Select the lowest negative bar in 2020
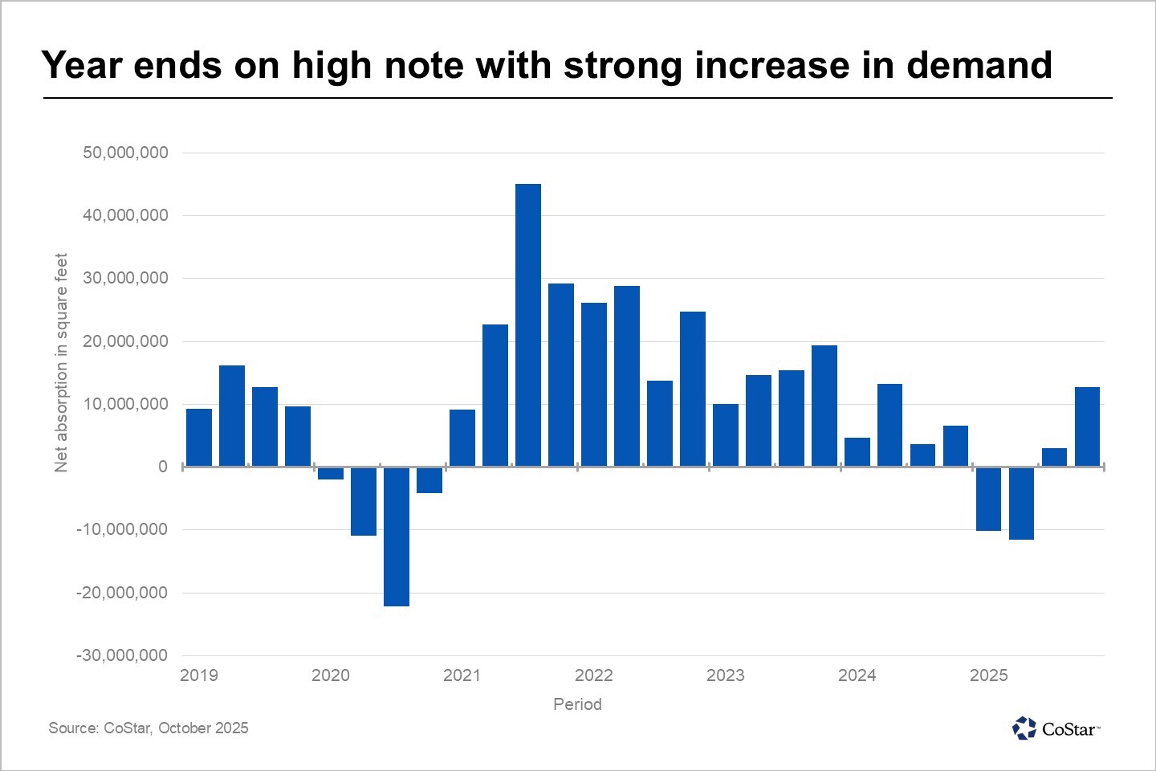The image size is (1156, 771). click(x=397, y=536)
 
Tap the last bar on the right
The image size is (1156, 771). click(x=1087, y=426)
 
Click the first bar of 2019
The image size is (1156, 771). click(x=199, y=437)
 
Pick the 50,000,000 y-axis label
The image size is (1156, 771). click(x=125, y=153)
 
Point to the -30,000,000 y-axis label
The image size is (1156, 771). click(x=122, y=655)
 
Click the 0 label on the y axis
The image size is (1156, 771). click(x=163, y=467)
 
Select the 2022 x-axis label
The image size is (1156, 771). click(x=593, y=675)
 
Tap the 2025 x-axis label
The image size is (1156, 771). click(x=988, y=675)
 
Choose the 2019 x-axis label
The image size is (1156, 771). click(x=198, y=675)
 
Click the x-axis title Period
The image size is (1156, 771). click(x=577, y=704)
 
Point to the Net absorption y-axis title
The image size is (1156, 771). click(x=61, y=362)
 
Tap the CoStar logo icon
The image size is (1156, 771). click(x=1024, y=728)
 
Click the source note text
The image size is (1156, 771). click(x=149, y=728)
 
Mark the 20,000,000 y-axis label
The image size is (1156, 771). click(x=125, y=341)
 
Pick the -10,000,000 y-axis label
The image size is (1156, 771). click(x=122, y=529)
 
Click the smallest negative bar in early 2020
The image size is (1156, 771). click(x=331, y=473)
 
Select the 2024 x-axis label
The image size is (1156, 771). click(x=857, y=675)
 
